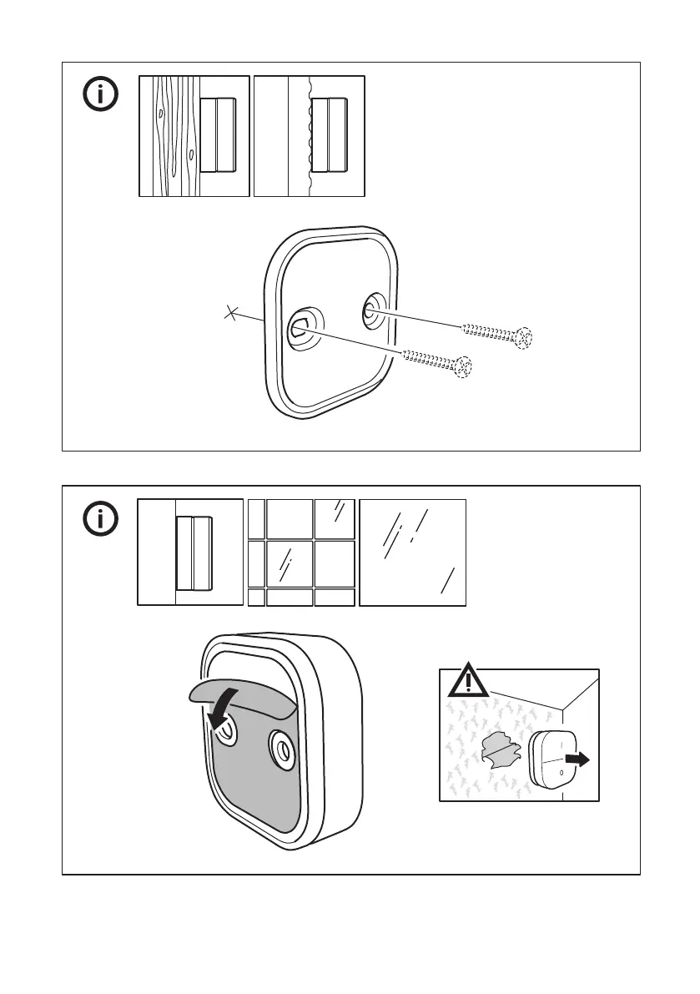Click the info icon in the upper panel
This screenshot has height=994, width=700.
[100, 95]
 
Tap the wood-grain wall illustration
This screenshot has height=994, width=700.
[194, 135]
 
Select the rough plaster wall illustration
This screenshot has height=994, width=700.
[309, 135]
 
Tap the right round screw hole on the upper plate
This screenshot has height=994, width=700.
[370, 312]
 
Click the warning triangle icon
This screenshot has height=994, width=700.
[467, 682]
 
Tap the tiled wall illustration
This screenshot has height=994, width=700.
[301, 552]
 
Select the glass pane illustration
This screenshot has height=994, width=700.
[412, 552]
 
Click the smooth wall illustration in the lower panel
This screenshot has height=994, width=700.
[189, 552]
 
